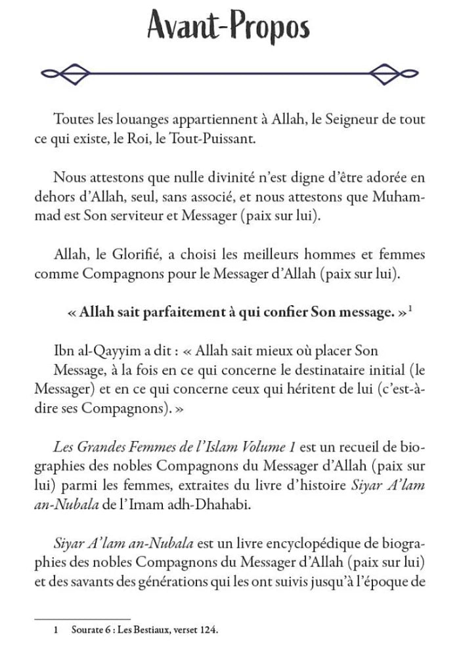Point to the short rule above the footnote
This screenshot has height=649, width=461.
(x=82, y=618)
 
